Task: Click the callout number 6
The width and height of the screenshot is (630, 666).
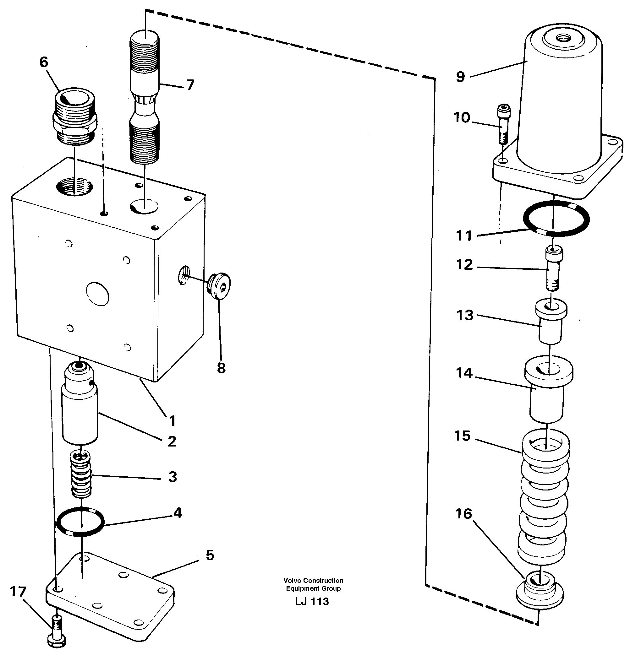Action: click(x=44, y=62)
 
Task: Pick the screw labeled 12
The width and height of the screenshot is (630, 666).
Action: click(x=554, y=268)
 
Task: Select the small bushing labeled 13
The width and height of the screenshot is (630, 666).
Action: click(x=551, y=322)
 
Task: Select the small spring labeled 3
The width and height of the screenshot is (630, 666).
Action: click(x=81, y=475)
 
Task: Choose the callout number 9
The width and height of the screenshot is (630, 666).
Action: click(x=460, y=77)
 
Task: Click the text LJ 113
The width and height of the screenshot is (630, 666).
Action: click(x=312, y=602)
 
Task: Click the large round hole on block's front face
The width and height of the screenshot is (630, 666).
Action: click(x=97, y=294)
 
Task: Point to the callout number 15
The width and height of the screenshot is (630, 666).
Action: click(x=463, y=436)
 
